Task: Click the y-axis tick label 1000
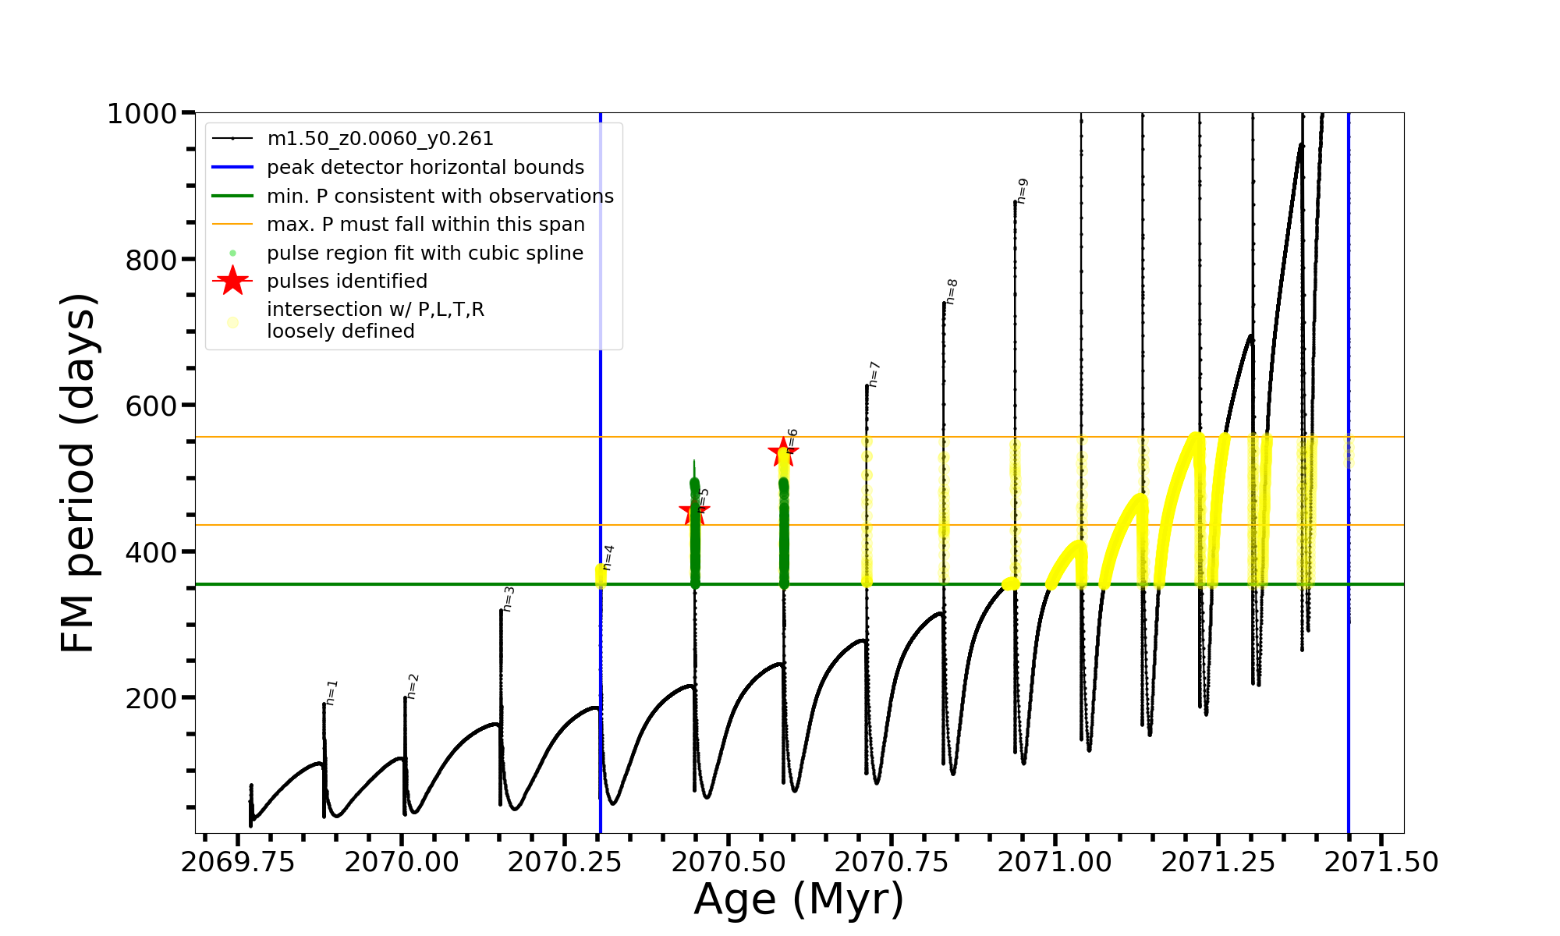click(x=141, y=114)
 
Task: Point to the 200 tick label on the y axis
click(x=151, y=698)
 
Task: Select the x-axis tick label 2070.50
click(x=728, y=862)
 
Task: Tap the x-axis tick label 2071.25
click(x=1218, y=862)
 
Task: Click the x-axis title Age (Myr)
click(x=799, y=899)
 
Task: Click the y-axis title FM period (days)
click(x=78, y=473)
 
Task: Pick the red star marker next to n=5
click(x=693, y=512)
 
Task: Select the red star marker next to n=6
click(x=783, y=451)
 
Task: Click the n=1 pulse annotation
click(x=331, y=693)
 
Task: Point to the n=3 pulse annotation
click(x=508, y=599)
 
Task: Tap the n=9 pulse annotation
click(x=1023, y=191)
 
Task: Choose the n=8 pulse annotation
click(x=951, y=292)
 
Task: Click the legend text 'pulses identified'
click(x=347, y=282)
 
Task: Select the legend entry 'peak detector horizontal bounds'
click(x=425, y=168)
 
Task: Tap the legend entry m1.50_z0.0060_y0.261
click(x=380, y=139)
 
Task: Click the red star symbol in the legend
click(x=232, y=281)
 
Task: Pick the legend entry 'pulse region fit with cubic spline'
click(x=424, y=253)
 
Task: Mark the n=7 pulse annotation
click(x=874, y=374)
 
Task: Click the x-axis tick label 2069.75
click(x=238, y=862)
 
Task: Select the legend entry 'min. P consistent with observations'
click(x=440, y=197)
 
